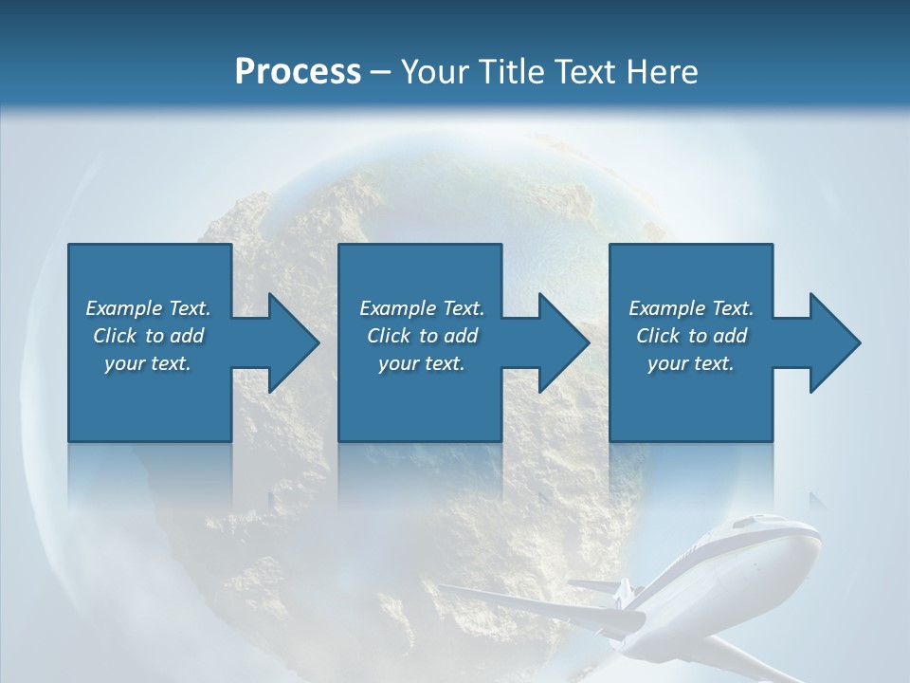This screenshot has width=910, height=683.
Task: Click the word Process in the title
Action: [x=298, y=72]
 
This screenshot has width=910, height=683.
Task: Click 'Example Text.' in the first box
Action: [x=148, y=308]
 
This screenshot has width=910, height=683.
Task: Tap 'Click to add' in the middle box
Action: [x=422, y=336]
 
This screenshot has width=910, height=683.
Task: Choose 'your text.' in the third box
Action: [x=691, y=363]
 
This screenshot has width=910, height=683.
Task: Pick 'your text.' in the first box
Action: [x=148, y=363]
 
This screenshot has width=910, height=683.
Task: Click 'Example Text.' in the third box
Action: [x=691, y=308]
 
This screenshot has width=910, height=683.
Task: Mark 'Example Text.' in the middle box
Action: [x=422, y=308]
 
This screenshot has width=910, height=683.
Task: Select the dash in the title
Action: [x=381, y=72]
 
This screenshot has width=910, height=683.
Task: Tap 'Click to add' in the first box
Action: [x=148, y=336]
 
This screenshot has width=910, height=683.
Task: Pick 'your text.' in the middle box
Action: [x=422, y=363]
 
